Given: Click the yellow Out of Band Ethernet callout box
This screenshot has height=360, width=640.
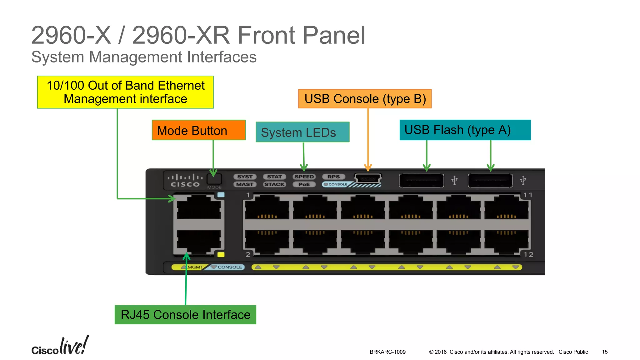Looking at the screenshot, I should click(125, 92).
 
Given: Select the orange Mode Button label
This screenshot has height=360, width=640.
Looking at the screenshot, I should click(198, 130).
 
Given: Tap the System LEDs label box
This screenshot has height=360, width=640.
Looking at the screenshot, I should click(302, 132).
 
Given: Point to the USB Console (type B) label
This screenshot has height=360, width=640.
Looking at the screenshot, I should click(365, 99).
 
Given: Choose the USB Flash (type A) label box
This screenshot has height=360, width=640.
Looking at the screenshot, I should click(465, 130).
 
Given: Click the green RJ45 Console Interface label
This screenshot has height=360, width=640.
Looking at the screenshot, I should click(185, 315).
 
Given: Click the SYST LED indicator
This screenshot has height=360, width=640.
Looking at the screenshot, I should click(245, 177).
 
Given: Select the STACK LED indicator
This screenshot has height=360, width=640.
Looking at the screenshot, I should click(274, 184).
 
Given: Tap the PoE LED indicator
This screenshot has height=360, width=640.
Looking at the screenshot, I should click(304, 184).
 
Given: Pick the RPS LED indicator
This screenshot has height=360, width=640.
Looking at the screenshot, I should click(333, 177).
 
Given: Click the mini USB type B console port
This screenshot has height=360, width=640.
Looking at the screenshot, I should click(368, 179).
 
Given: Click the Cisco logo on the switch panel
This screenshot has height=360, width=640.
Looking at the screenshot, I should click(185, 181).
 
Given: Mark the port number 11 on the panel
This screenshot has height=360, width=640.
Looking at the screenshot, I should click(528, 195).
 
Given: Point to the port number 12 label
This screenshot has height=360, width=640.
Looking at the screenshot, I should click(528, 255).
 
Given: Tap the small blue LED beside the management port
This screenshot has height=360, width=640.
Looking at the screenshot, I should click(221, 195).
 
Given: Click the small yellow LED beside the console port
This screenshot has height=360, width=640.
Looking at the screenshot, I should click(221, 255).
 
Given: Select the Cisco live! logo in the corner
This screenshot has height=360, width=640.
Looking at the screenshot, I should click(60, 346).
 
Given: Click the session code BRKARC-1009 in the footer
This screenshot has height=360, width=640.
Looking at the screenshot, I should click(387, 352).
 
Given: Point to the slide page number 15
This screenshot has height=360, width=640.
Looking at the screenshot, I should click(605, 352).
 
